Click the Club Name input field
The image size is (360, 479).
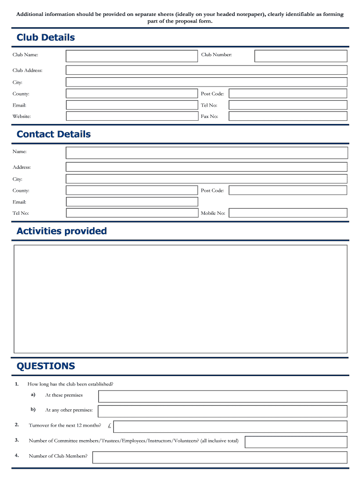[132, 56]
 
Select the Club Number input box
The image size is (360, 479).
[301, 56]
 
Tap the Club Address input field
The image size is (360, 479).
[206, 70]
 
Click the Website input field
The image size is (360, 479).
[132, 116]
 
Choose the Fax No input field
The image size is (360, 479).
[288, 116]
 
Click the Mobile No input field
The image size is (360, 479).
[288, 213]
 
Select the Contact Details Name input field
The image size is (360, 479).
[206, 152]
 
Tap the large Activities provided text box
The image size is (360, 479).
[180, 299]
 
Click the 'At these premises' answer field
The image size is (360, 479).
[223, 396]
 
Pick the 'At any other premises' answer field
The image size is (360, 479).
[223, 411]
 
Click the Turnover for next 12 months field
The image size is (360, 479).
[230, 427]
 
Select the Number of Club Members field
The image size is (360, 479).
[220, 457]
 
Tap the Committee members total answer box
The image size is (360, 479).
[296, 442]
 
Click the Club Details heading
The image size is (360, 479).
[46, 37]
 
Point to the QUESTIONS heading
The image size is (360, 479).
[46, 366]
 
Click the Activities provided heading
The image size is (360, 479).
[62, 231]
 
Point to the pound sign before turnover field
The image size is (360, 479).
[108, 426]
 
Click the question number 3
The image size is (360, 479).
[17, 440]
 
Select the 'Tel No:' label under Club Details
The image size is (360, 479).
[209, 105]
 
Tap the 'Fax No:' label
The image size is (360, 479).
[209, 116]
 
